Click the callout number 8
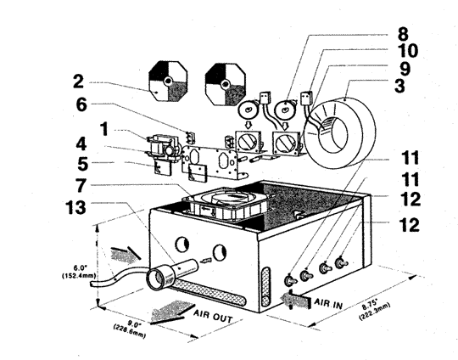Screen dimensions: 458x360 403,34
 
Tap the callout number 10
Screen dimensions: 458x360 408,50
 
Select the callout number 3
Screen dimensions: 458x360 399,86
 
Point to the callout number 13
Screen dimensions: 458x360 75,207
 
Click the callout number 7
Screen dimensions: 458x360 81,185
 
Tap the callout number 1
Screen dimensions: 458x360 104,129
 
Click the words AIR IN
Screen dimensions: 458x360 328,304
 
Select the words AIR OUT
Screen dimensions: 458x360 213,316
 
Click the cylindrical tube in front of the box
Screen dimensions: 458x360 171,273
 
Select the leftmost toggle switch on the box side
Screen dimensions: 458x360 290,280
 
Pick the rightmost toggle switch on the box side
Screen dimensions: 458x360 341,262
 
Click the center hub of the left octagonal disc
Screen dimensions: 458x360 168,82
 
